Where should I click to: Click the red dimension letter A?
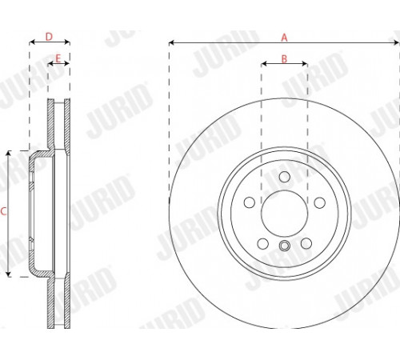pos(284,38)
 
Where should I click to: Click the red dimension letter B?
pos(284,59)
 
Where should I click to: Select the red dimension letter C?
pos(3,211)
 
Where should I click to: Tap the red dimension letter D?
pos(49,37)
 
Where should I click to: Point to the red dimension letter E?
pos(58,58)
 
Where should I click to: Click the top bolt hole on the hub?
pos(285,177)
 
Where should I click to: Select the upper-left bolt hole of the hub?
pos(250,202)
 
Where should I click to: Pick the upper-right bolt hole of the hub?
pos(320,202)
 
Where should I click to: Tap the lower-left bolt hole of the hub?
pos(263,243)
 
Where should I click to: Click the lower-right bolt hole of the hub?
pos(306,243)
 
